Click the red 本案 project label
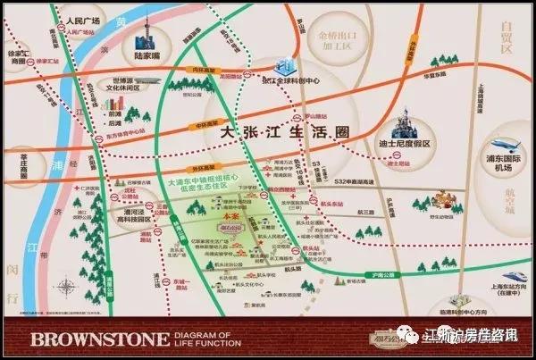click(x=230, y=215)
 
